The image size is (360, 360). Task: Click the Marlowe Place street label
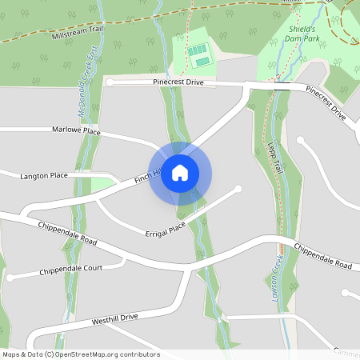click(76, 129)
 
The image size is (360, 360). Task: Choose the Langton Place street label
click(42, 174)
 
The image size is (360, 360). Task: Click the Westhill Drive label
click(115, 318)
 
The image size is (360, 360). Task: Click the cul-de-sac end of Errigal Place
click(238, 189)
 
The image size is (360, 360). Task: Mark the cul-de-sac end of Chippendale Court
click(10, 278)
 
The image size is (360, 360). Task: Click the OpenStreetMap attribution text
click(81, 354)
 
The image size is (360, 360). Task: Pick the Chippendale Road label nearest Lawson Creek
click(322, 256)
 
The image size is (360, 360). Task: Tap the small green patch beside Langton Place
click(103, 184)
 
